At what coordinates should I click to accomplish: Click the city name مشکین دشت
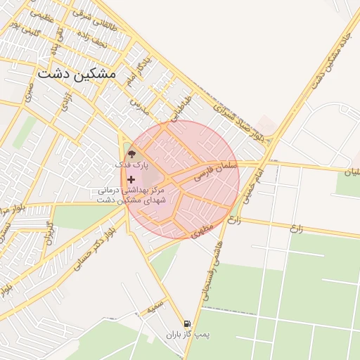77,72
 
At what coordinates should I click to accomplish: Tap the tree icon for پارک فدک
131,154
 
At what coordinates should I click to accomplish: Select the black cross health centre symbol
131,180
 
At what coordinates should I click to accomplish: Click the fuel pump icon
186,324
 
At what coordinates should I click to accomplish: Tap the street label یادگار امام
137,69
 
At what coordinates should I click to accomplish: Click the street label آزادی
67,101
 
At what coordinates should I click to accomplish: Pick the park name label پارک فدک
127,164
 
